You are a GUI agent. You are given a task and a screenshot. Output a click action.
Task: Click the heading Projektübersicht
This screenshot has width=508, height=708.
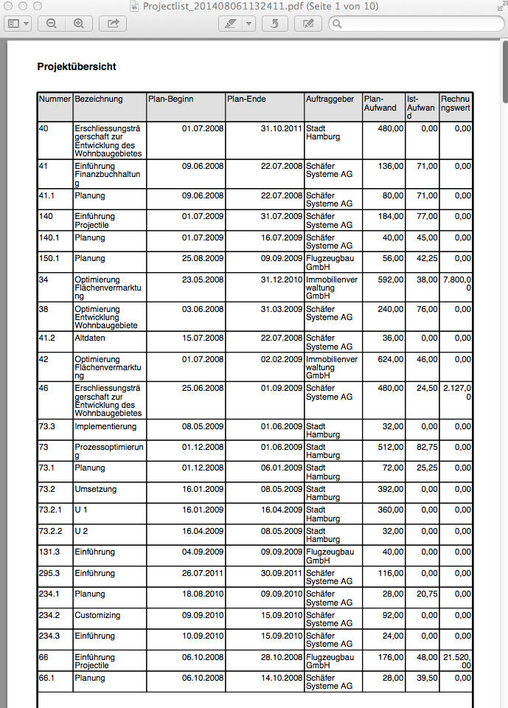[77, 67]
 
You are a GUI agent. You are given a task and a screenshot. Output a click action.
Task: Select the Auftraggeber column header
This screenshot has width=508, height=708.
[330, 99]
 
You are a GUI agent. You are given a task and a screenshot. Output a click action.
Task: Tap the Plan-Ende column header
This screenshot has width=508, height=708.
[246, 99]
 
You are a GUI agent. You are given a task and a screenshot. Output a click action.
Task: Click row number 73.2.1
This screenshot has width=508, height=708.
[51, 510]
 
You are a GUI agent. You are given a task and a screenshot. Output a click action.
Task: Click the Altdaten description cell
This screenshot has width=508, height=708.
[90, 338]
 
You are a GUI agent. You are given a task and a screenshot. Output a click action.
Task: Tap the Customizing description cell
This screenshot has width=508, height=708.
[97, 615]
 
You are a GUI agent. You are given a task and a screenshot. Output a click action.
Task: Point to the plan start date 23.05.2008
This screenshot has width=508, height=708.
[203, 280]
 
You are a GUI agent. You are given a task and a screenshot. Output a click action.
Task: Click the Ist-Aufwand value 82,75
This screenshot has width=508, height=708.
[425, 447]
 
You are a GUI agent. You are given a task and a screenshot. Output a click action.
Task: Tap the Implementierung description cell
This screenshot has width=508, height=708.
[105, 426]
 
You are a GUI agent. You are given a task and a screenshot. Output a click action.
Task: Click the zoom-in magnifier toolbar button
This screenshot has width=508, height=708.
[78, 24]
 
